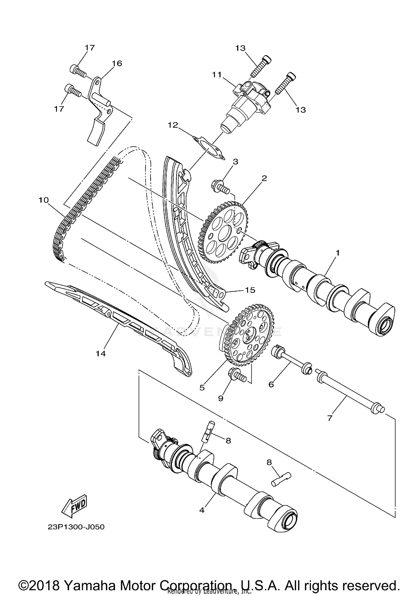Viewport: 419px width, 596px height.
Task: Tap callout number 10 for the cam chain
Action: pyautogui.click(x=44, y=200)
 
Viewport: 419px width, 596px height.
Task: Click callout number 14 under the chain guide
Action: pyautogui.click(x=101, y=354)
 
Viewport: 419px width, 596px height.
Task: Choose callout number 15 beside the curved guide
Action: pyautogui.click(x=250, y=290)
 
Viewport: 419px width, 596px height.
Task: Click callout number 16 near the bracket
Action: pyautogui.click(x=117, y=63)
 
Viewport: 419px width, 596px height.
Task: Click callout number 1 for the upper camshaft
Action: pyautogui.click(x=337, y=253)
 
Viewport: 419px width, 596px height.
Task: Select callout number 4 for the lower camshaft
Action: pyautogui.click(x=202, y=510)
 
